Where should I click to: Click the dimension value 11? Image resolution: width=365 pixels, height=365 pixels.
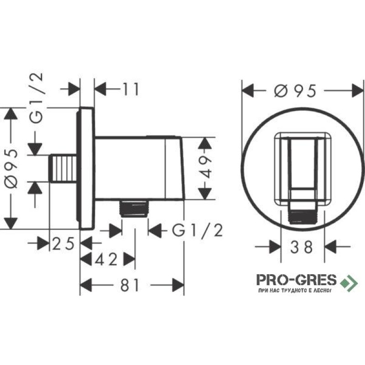131,89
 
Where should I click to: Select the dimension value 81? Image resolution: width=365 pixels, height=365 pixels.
130,285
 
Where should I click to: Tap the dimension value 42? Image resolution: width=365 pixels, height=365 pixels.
106,259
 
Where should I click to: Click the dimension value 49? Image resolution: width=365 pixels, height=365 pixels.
205,167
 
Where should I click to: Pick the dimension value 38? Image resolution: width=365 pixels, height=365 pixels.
302,247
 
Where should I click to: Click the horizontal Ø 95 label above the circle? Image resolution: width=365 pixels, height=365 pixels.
295,91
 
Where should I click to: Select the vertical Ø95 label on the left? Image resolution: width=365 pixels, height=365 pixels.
11,168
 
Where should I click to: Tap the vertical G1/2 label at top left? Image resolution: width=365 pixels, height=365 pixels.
36,98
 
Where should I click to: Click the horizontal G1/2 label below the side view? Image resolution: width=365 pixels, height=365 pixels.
198,231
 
